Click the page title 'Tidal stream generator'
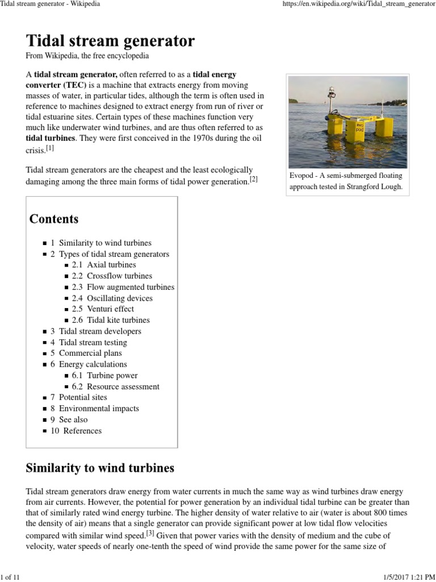point(110,41)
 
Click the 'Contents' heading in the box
point(54,219)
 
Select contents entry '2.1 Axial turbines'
point(104,265)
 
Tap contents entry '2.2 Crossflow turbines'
point(111,276)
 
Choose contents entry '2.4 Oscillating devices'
point(112,298)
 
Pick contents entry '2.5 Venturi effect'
point(103,309)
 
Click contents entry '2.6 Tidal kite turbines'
point(111,320)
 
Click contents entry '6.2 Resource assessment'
point(116,386)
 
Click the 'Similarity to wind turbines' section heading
point(100,468)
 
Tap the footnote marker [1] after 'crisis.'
point(50,148)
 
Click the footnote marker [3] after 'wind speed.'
point(150,533)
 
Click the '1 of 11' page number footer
point(10,577)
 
